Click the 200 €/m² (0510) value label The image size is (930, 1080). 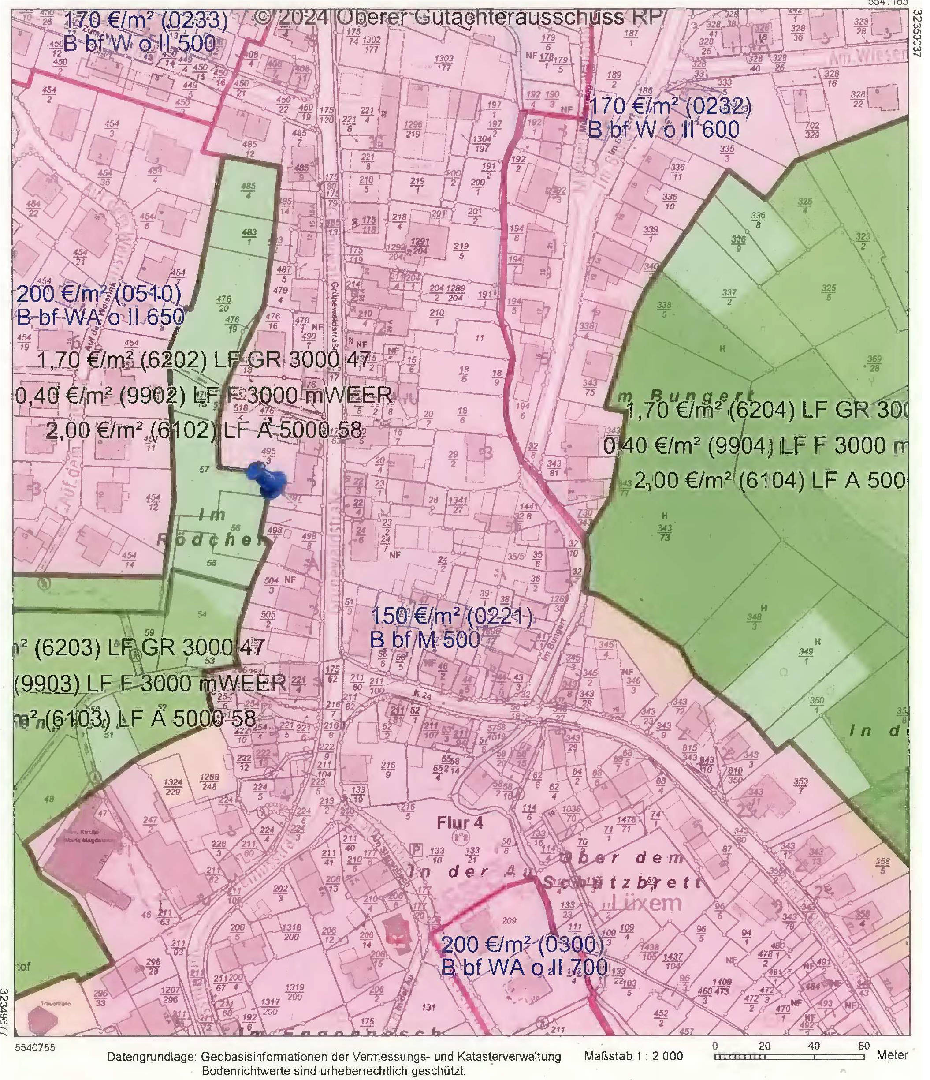99,295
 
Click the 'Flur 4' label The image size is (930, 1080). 460,822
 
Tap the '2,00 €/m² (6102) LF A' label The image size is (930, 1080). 203,431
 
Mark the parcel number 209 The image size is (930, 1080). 510,920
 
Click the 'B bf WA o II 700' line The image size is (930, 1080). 524,968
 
